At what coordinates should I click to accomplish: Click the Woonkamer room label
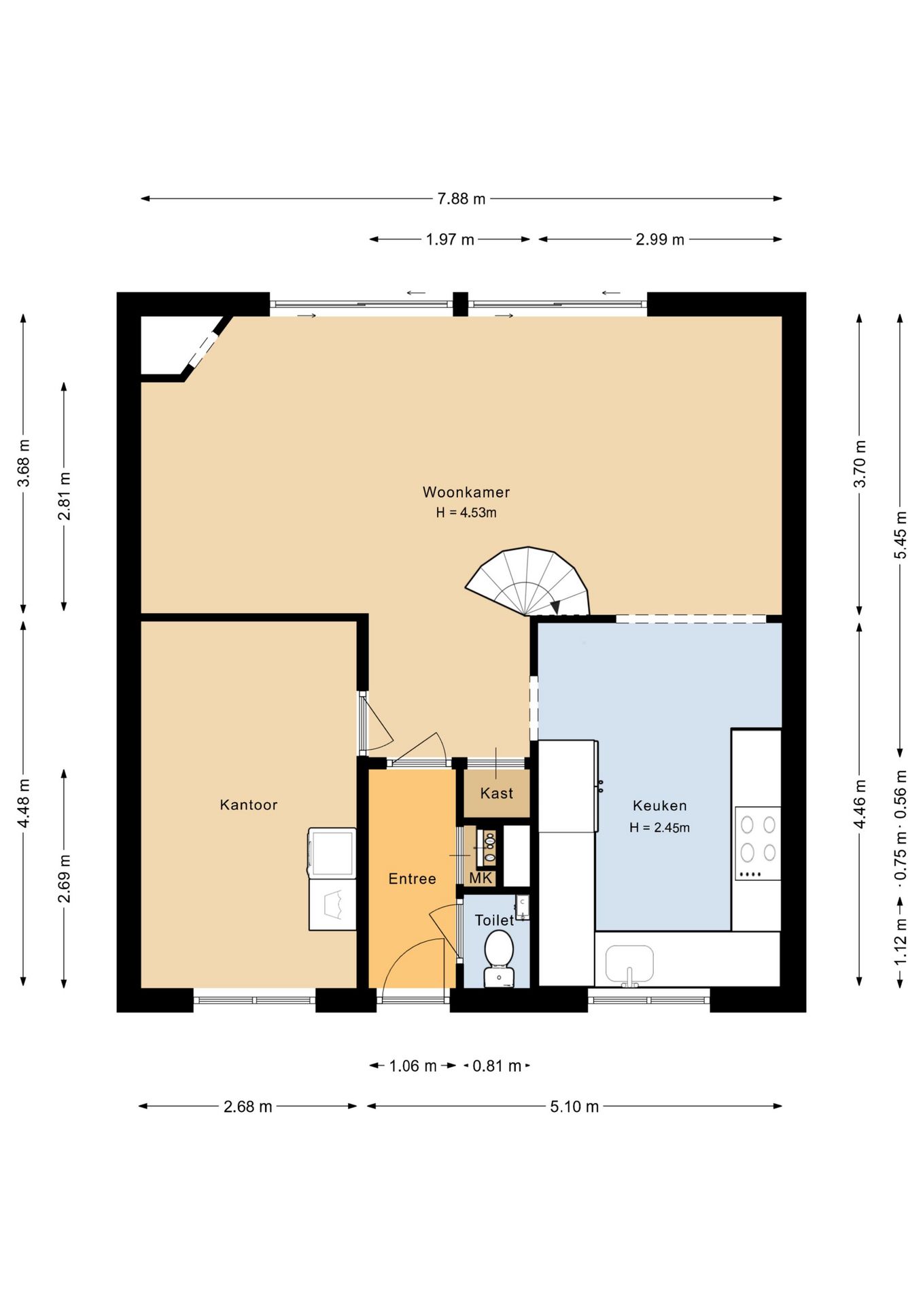pyautogui.click(x=466, y=492)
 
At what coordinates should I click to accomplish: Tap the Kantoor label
pyautogui.click(x=249, y=805)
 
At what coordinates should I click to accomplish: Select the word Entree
pyautogui.click(x=412, y=879)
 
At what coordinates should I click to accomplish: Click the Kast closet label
pyautogui.click(x=497, y=793)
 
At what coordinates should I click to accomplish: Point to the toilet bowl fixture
pyautogui.click(x=499, y=957)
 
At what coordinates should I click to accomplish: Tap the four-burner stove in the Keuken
pyautogui.click(x=758, y=843)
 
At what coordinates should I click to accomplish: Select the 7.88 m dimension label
pyautogui.click(x=461, y=198)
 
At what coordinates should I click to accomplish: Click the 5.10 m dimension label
pyautogui.click(x=574, y=1107)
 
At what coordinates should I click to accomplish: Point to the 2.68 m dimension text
pyautogui.click(x=248, y=1107)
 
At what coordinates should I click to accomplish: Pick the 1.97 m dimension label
pyautogui.click(x=450, y=239)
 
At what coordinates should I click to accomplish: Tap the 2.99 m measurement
pyautogui.click(x=660, y=239)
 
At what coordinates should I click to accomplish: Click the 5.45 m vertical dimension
pyautogui.click(x=901, y=535)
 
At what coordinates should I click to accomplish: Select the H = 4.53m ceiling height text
pyautogui.click(x=466, y=513)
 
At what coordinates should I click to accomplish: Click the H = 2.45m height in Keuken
pyautogui.click(x=659, y=828)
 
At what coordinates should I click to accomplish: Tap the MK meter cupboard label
pyautogui.click(x=481, y=878)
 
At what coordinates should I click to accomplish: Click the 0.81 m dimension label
pyautogui.click(x=497, y=1066)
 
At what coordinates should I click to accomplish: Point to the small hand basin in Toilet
pyautogui.click(x=522, y=907)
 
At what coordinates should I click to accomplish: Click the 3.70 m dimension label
pyautogui.click(x=860, y=464)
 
